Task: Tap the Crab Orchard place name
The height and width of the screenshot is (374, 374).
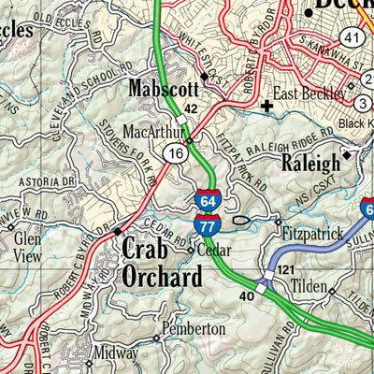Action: pos(160,263)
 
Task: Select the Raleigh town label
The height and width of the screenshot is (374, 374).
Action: pos(310,163)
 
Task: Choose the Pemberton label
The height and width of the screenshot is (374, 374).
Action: pos(193,329)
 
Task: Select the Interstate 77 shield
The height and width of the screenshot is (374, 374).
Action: pos(208,223)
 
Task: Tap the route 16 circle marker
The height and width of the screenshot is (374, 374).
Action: pos(176,151)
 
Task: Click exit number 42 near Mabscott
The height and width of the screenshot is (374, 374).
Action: pos(191,109)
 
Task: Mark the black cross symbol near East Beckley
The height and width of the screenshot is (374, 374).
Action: pos(268,106)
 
